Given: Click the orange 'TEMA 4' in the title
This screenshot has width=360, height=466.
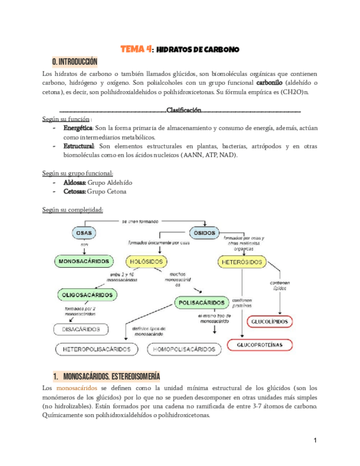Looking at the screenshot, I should pyautogui.click(x=136, y=49).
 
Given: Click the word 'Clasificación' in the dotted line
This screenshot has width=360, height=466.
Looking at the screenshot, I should pyautogui.click(x=184, y=110).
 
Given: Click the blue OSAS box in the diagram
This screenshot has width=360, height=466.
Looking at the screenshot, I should pyautogui.click(x=84, y=233).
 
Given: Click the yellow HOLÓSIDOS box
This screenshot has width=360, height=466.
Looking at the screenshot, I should pyautogui.click(x=147, y=262).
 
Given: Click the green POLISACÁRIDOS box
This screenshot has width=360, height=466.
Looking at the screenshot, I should pyautogui.click(x=202, y=303).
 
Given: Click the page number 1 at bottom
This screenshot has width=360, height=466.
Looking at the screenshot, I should pyautogui.click(x=316, y=440).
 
